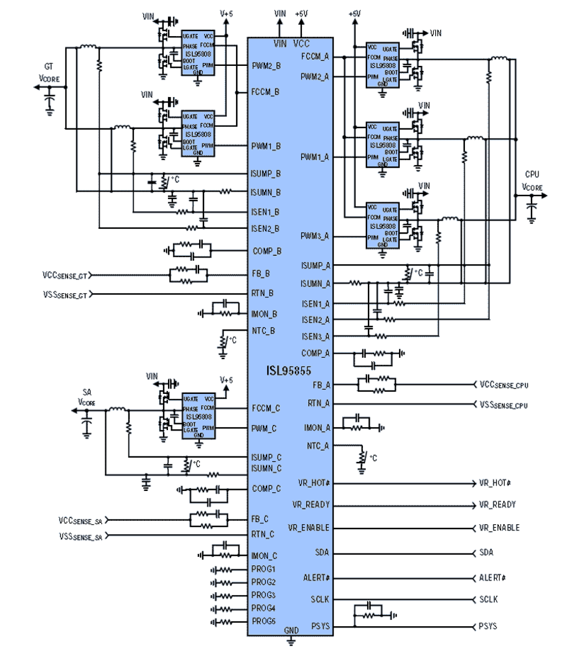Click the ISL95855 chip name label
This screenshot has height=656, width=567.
click(x=288, y=371)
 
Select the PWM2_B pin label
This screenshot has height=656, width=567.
click(x=266, y=66)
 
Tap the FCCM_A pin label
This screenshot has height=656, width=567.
click(x=315, y=56)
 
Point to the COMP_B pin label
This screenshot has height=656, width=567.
click(x=267, y=251)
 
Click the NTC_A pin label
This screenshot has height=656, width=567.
click(x=318, y=446)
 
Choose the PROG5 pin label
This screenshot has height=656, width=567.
click(x=263, y=621)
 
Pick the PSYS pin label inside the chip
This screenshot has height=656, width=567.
click(x=320, y=626)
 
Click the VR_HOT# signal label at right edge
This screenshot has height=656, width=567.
click(x=495, y=483)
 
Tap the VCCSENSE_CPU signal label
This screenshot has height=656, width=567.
click(x=503, y=385)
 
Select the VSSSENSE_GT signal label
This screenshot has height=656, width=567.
click(x=65, y=295)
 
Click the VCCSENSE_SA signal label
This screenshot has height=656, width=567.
click(x=80, y=521)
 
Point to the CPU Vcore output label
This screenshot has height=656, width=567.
click(x=532, y=181)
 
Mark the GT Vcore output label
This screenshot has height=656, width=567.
click(x=49, y=73)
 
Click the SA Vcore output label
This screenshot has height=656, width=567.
click(x=87, y=397)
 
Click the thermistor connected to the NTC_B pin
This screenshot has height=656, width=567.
click(x=223, y=341)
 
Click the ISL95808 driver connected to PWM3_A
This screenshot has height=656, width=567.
click(x=382, y=225)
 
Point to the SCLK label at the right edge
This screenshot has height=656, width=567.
click(x=488, y=600)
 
